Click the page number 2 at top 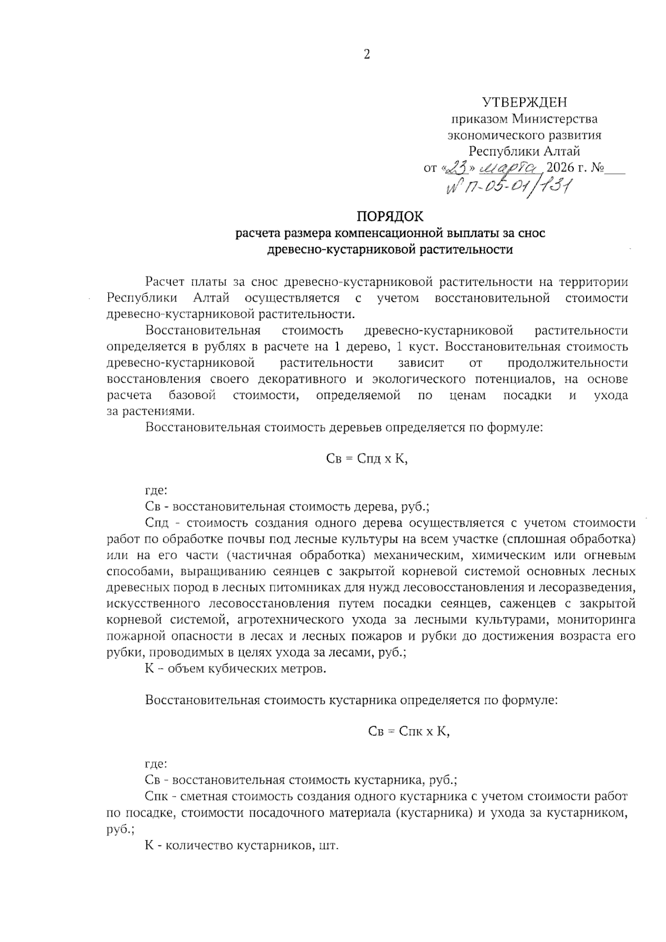tap(366, 54)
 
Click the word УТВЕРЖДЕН tap(524, 102)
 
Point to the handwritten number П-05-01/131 tap(509, 189)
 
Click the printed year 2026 tap(562, 167)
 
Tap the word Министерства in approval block tap(554, 119)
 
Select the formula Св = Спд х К tap(367, 460)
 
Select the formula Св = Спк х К tap(409, 731)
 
